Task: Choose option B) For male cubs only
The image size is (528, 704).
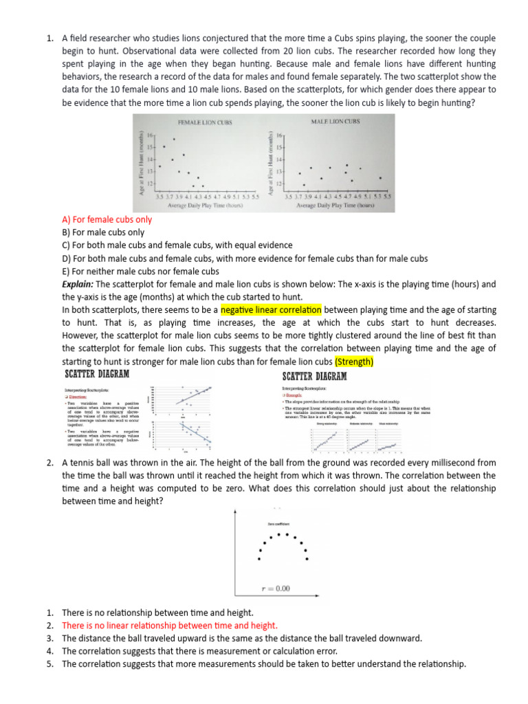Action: click(x=103, y=232)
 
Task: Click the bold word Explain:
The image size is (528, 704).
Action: click(x=78, y=284)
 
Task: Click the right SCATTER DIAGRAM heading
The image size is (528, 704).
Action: click(x=315, y=376)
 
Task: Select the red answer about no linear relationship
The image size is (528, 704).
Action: click(x=170, y=625)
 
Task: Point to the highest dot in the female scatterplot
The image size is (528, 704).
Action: click(x=173, y=140)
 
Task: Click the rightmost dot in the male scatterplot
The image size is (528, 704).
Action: click(x=381, y=178)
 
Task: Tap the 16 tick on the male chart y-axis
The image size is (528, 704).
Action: click(x=279, y=136)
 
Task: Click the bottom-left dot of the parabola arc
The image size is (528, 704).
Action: click(x=258, y=559)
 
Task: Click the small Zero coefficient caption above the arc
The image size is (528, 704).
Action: click(x=277, y=524)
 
